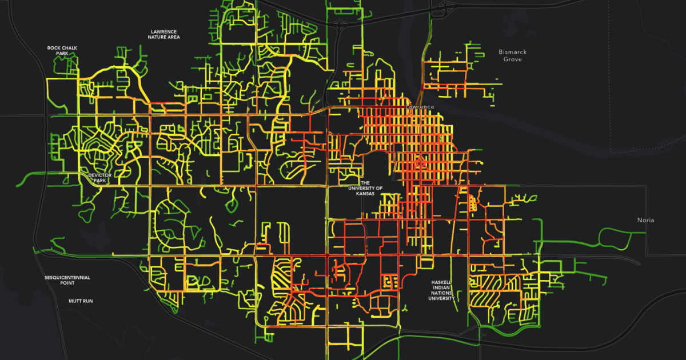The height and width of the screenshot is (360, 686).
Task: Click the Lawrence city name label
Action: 420,107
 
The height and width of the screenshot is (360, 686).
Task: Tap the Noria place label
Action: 646,220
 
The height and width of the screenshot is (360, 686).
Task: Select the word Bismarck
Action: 512,52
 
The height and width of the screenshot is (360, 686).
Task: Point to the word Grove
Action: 512,59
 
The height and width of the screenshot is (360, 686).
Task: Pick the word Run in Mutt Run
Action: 87,301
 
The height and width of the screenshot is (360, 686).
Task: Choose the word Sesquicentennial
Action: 67,278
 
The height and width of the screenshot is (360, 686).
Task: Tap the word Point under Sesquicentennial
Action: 67,283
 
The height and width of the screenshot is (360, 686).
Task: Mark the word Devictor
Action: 99,175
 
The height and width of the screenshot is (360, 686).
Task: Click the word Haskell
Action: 443,282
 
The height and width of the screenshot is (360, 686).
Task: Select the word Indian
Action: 443,287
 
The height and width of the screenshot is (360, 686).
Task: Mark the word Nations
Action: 443,293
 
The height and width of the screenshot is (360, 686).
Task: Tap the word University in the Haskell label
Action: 443,298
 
